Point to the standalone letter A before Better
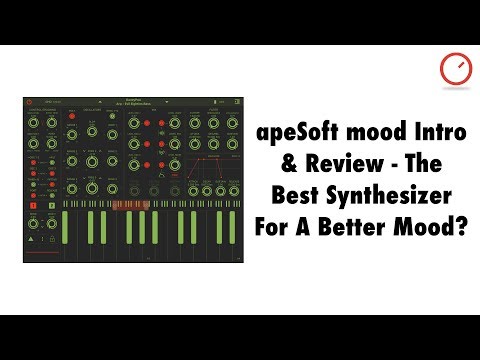point(322,219)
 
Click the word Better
point(365,219)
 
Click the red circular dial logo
point(452,69)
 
